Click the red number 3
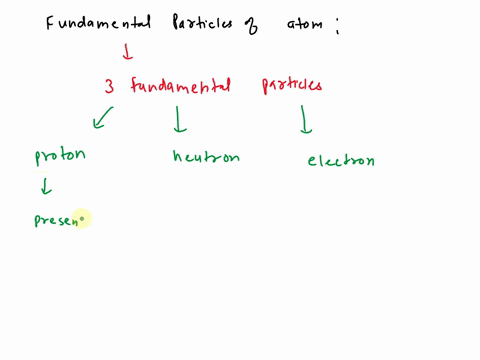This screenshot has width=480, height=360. [109, 87]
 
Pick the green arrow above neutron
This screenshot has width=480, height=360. [180, 122]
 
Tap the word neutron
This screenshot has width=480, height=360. [206, 157]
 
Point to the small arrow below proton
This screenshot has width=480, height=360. [45, 187]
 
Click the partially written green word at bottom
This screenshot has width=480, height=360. [57, 219]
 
